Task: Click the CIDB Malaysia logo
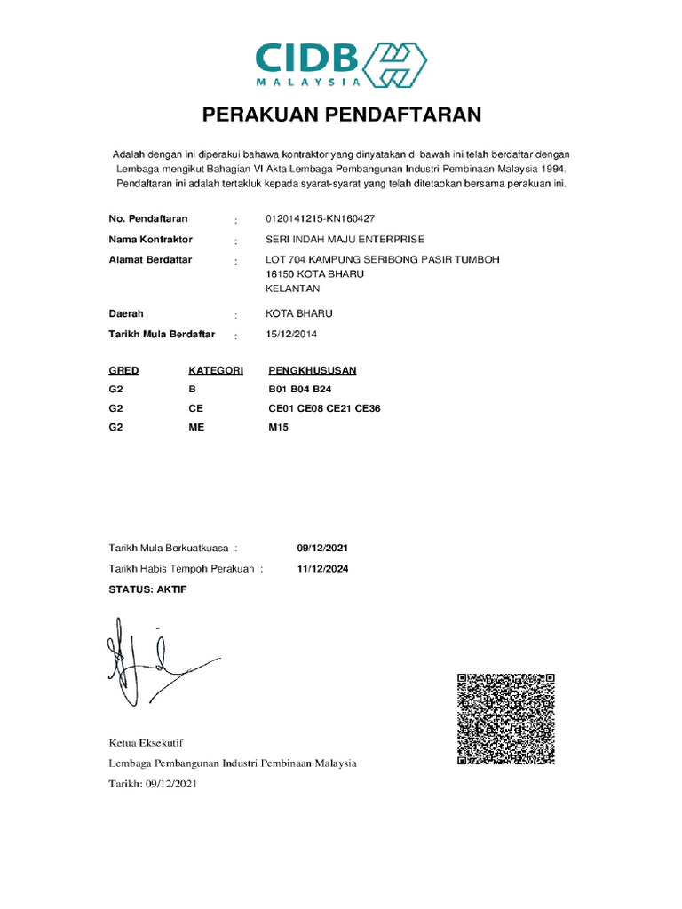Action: [341, 65]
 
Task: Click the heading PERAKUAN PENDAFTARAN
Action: [341, 115]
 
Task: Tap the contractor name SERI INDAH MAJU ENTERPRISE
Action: [345, 240]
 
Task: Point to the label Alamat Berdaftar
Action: [150, 260]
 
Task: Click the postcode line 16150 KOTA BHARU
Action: [314, 274]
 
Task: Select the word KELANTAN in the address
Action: [293, 289]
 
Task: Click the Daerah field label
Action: [126, 313]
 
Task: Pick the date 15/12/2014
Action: [291, 335]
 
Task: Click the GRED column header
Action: [123, 370]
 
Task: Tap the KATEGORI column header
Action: [216, 370]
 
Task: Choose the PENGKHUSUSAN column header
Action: [313, 370]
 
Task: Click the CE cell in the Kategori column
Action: [196, 408]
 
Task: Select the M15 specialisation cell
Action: [279, 427]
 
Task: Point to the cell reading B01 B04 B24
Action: [302, 390]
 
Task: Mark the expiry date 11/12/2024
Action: [322, 569]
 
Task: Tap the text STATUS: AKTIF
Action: [147, 589]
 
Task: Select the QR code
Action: [506, 719]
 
